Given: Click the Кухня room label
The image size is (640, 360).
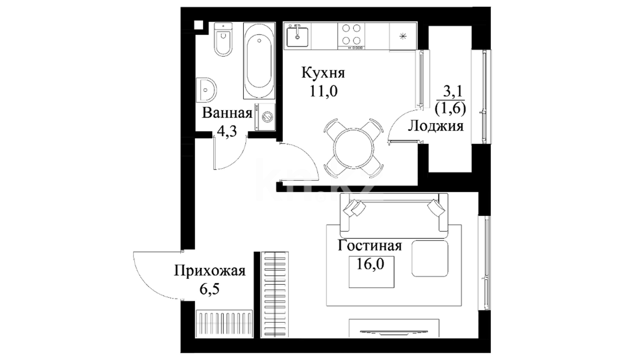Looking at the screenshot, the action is click(323, 73).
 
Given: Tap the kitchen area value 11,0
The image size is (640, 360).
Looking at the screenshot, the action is click(324, 91).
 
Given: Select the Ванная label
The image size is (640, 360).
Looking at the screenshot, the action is click(227, 113).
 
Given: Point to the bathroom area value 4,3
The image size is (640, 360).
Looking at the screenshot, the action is click(227, 131).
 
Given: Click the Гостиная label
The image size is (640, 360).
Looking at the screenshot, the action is click(370, 246).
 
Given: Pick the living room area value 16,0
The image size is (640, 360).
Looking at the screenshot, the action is click(370, 264).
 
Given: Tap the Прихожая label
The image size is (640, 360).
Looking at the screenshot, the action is click(210, 271).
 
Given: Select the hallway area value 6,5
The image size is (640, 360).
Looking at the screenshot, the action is click(209, 289).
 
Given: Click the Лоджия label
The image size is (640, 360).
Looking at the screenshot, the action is click(436, 126).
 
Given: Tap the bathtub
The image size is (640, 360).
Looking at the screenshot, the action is click(259, 61).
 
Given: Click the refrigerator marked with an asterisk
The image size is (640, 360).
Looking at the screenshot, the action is click(403, 36).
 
